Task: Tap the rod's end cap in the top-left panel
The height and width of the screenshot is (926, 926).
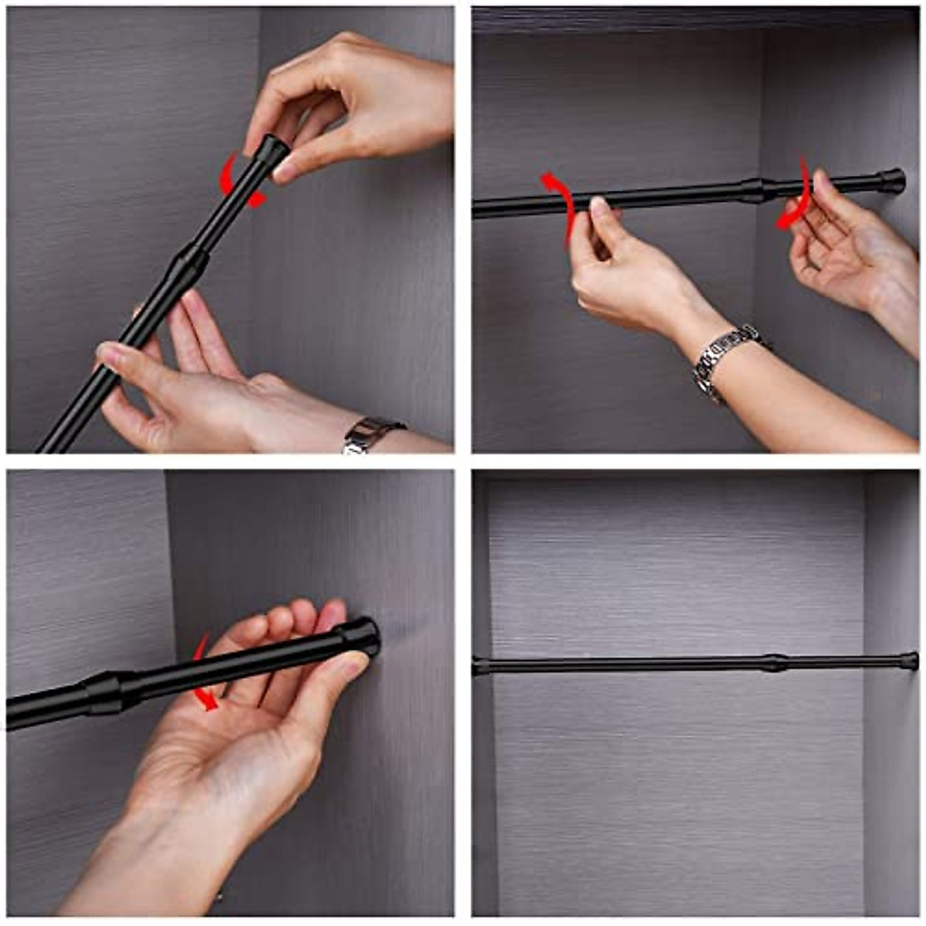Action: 273,149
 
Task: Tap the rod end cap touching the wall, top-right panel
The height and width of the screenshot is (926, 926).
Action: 892,181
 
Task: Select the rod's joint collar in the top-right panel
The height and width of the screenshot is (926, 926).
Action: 752,190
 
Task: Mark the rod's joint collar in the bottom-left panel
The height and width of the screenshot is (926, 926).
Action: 104,691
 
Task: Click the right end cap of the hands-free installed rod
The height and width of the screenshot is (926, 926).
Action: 908,661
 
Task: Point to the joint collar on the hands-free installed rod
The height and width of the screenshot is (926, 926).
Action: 775,663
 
